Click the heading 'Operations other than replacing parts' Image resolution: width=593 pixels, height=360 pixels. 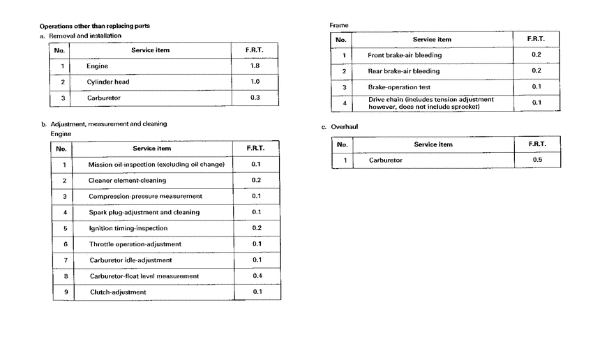(x=94, y=26)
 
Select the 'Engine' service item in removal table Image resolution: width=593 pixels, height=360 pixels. (x=98, y=66)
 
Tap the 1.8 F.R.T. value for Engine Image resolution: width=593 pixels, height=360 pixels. (x=255, y=66)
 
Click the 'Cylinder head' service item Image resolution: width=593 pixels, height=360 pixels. (x=108, y=82)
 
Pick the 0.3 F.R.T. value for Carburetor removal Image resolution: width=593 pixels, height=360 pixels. (x=255, y=98)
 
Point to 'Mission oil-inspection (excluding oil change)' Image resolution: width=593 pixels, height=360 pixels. (x=156, y=165)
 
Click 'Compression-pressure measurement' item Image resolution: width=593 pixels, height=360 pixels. (x=145, y=196)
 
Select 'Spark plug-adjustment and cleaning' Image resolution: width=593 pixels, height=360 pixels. (x=144, y=212)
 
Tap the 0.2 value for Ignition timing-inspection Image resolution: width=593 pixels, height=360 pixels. (x=256, y=228)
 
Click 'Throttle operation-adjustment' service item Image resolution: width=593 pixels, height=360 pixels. (x=135, y=244)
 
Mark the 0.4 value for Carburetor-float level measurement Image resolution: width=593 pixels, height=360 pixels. (x=256, y=276)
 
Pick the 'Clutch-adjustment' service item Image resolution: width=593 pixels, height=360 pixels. (x=118, y=292)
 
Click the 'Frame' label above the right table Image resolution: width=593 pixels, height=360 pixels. (x=339, y=26)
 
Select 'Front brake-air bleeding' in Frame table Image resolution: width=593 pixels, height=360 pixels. (x=405, y=55)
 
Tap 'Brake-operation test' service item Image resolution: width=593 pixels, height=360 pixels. (x=399, y=87)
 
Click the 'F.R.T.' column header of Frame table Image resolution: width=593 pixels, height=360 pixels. (x=536, y=39)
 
